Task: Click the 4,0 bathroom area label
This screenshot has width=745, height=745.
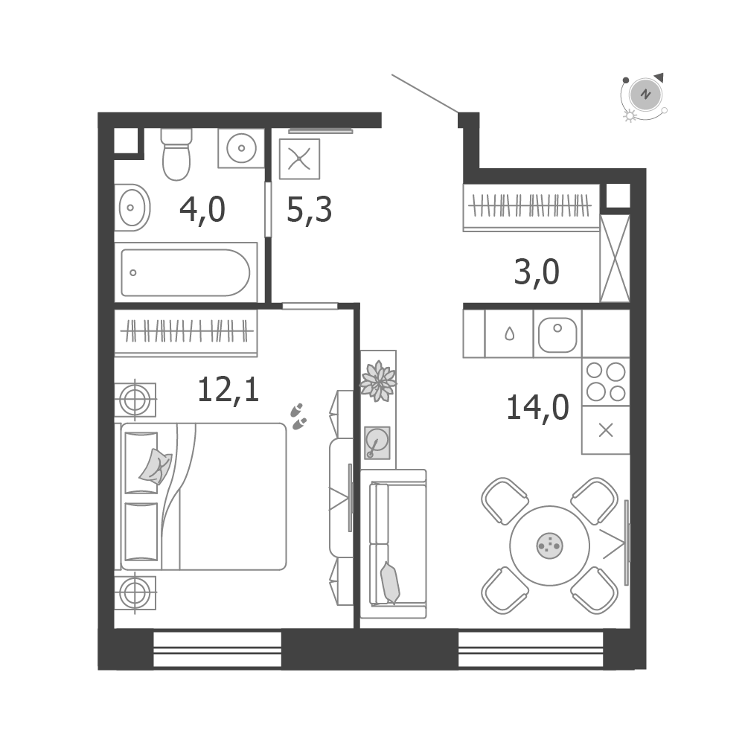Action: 202,210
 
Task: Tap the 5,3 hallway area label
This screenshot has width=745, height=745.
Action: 310,210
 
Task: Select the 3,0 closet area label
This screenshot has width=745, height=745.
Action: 537,272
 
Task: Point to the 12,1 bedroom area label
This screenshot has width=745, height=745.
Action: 228,389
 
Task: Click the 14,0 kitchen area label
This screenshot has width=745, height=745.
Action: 537,408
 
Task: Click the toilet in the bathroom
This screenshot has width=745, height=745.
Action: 176,154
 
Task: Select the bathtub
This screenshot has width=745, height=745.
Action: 186,272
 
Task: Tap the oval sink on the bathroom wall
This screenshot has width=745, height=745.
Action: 132,208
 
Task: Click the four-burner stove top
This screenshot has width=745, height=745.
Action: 606,382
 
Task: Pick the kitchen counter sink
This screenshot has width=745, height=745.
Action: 557,334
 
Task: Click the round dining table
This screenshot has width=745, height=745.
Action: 550,546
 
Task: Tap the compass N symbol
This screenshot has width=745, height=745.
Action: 645,94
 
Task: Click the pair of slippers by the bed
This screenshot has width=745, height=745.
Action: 298,417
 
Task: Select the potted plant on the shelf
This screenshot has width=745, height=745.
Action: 378,381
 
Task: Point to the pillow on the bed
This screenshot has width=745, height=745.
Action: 156,467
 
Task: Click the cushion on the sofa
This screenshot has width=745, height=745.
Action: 390,583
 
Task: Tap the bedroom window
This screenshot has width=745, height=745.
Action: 217,649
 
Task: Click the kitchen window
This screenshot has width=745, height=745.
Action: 531,649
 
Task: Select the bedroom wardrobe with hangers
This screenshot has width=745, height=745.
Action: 186,333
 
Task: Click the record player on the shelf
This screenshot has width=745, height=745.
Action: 377,443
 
